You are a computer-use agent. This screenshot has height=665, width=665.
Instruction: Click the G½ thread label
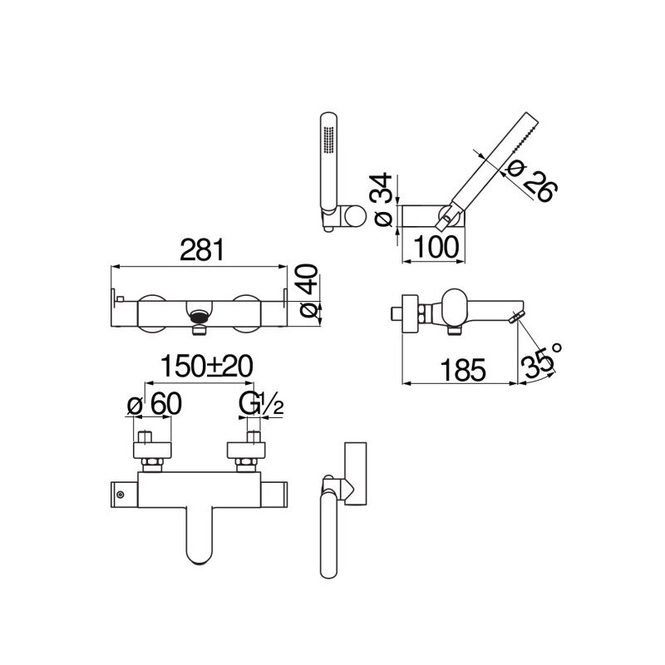click(x=261, y=404)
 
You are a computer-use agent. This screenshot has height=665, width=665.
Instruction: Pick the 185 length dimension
click(x=463, y=370)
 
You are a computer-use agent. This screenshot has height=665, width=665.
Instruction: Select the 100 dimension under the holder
click(x=436, y=247)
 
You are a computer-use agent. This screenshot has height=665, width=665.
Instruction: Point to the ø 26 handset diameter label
click(x=532, y=181)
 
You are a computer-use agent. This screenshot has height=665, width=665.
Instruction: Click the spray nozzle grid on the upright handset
click(x=328, y=140)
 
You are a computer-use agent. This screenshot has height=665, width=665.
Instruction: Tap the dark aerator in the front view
click(x=199, y=317)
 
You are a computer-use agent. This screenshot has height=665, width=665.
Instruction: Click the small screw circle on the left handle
click(x=121, y=495)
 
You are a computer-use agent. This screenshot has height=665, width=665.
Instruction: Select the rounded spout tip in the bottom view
click(x=200, y=555)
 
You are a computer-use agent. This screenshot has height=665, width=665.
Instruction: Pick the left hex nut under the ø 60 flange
click(x=153, y=465)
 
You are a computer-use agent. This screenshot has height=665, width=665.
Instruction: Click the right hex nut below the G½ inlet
click(x=246, y=465)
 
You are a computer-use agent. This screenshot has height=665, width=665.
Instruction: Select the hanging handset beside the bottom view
click(x=329, y=534)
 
